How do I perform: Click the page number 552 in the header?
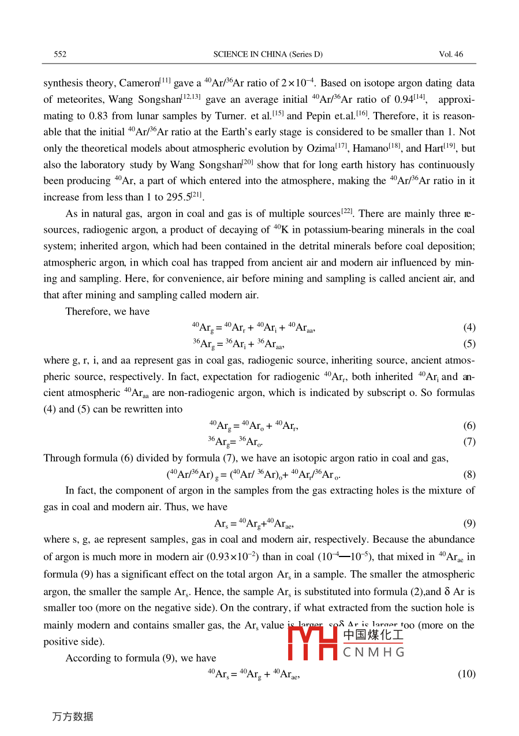coord(60,54)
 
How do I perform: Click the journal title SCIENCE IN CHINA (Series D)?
coord(268,54)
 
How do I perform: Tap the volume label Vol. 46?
coord(451,54)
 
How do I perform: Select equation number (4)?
coord(469,328)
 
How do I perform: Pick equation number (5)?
coord(469,345)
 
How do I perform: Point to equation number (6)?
coord(469,426)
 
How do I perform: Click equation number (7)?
coord(469,442)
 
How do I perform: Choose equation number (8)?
coord(469,475)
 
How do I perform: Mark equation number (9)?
coord(469,524)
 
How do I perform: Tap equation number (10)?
coord(467,674)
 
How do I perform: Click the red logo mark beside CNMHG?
coord(312,642)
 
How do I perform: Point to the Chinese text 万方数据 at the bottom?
coord(73,716)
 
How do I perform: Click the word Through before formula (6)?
coord(62,459)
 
